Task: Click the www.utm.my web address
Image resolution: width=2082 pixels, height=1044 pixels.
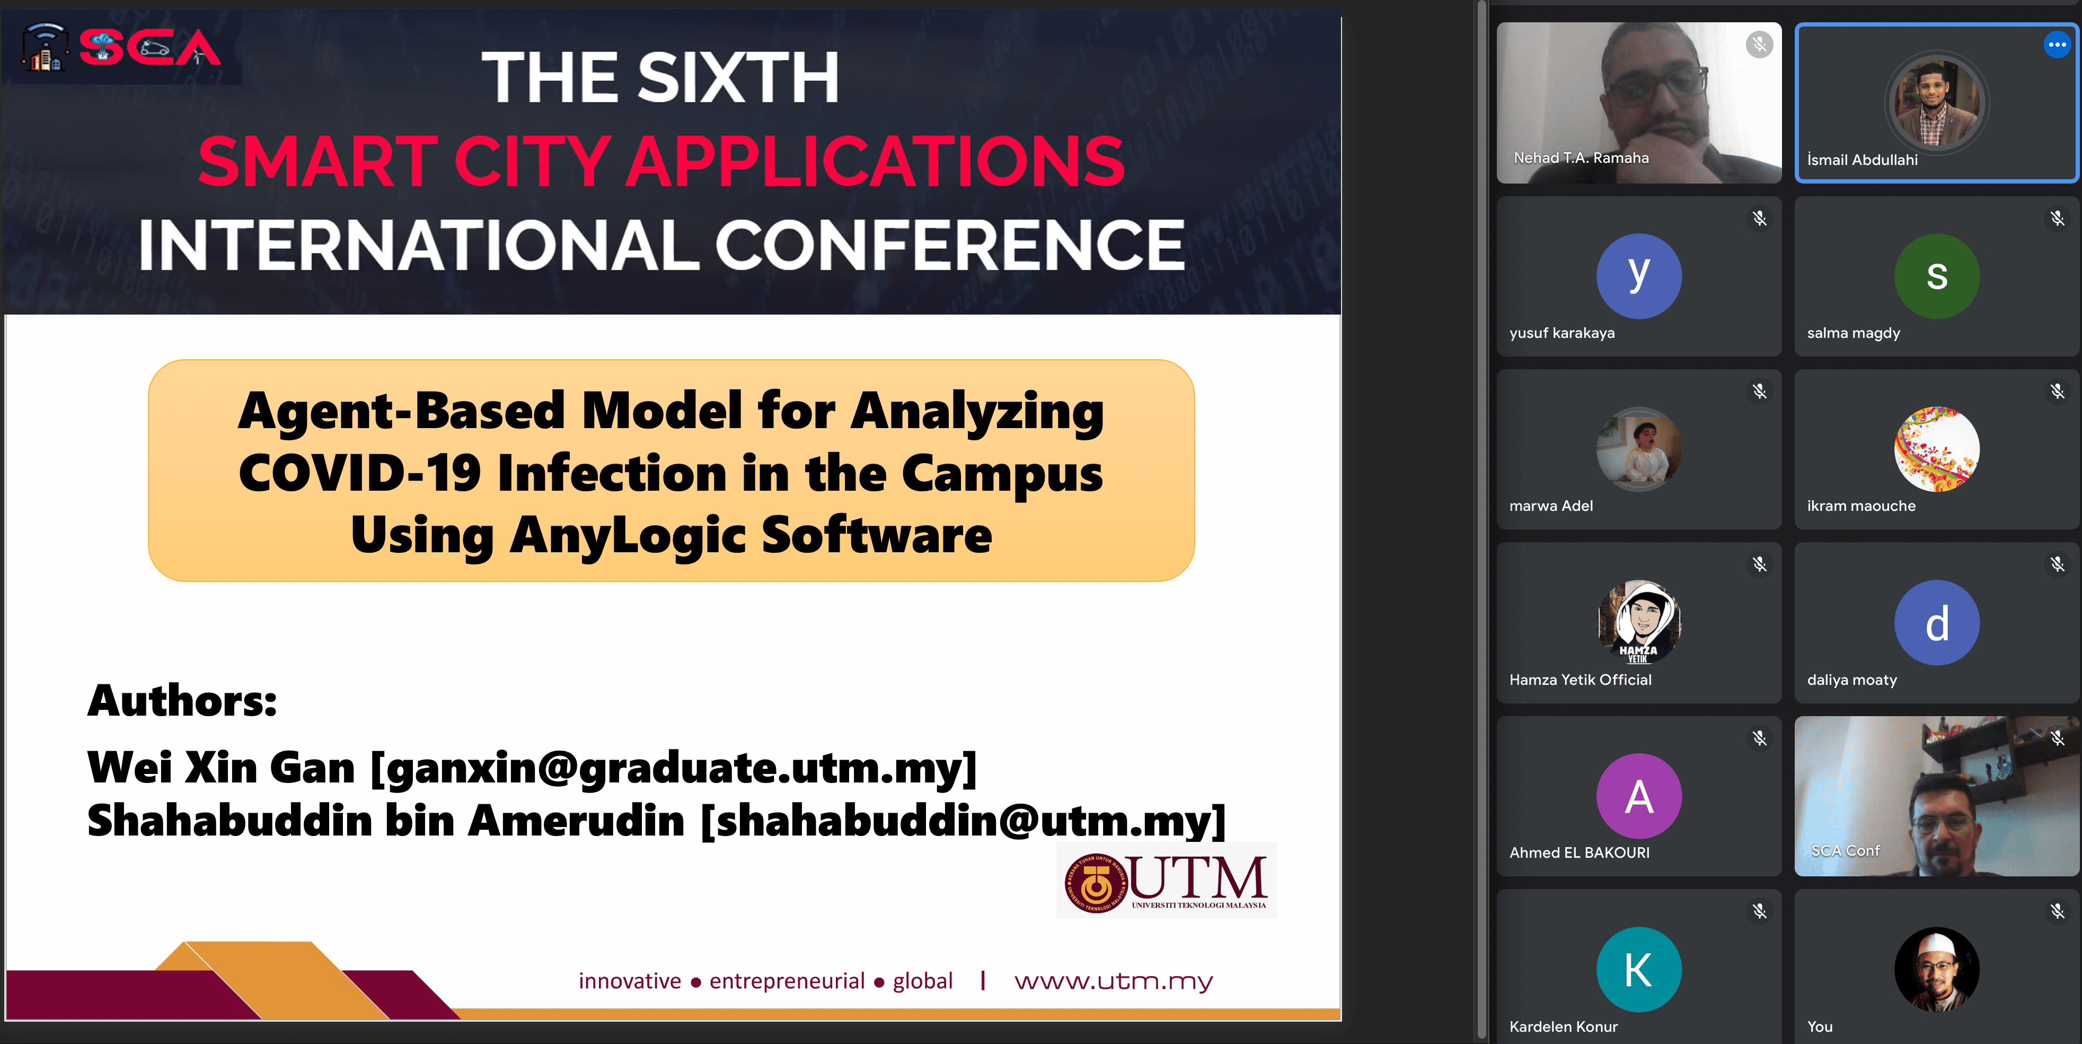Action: pos(1114,981)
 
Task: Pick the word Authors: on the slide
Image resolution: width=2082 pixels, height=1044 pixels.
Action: pos(182,700)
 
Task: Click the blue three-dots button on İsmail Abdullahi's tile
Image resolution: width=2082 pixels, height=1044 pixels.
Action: pos(2056,45)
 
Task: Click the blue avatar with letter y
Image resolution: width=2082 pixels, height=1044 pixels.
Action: pos(1638,276)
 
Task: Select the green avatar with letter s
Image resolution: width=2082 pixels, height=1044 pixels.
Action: pos(1937,276)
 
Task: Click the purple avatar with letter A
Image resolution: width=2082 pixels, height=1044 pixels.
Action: pos(1638,796)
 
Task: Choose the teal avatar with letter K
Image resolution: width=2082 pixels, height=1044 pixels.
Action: pos(1638,969)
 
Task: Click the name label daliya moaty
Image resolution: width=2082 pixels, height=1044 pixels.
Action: pos(1851,680)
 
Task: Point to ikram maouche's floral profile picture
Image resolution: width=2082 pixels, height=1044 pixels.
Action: pos(1937,449)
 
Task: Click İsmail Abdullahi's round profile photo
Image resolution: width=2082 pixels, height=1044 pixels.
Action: pos(1937,103)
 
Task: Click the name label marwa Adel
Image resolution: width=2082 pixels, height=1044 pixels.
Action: pos(1551,506)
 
